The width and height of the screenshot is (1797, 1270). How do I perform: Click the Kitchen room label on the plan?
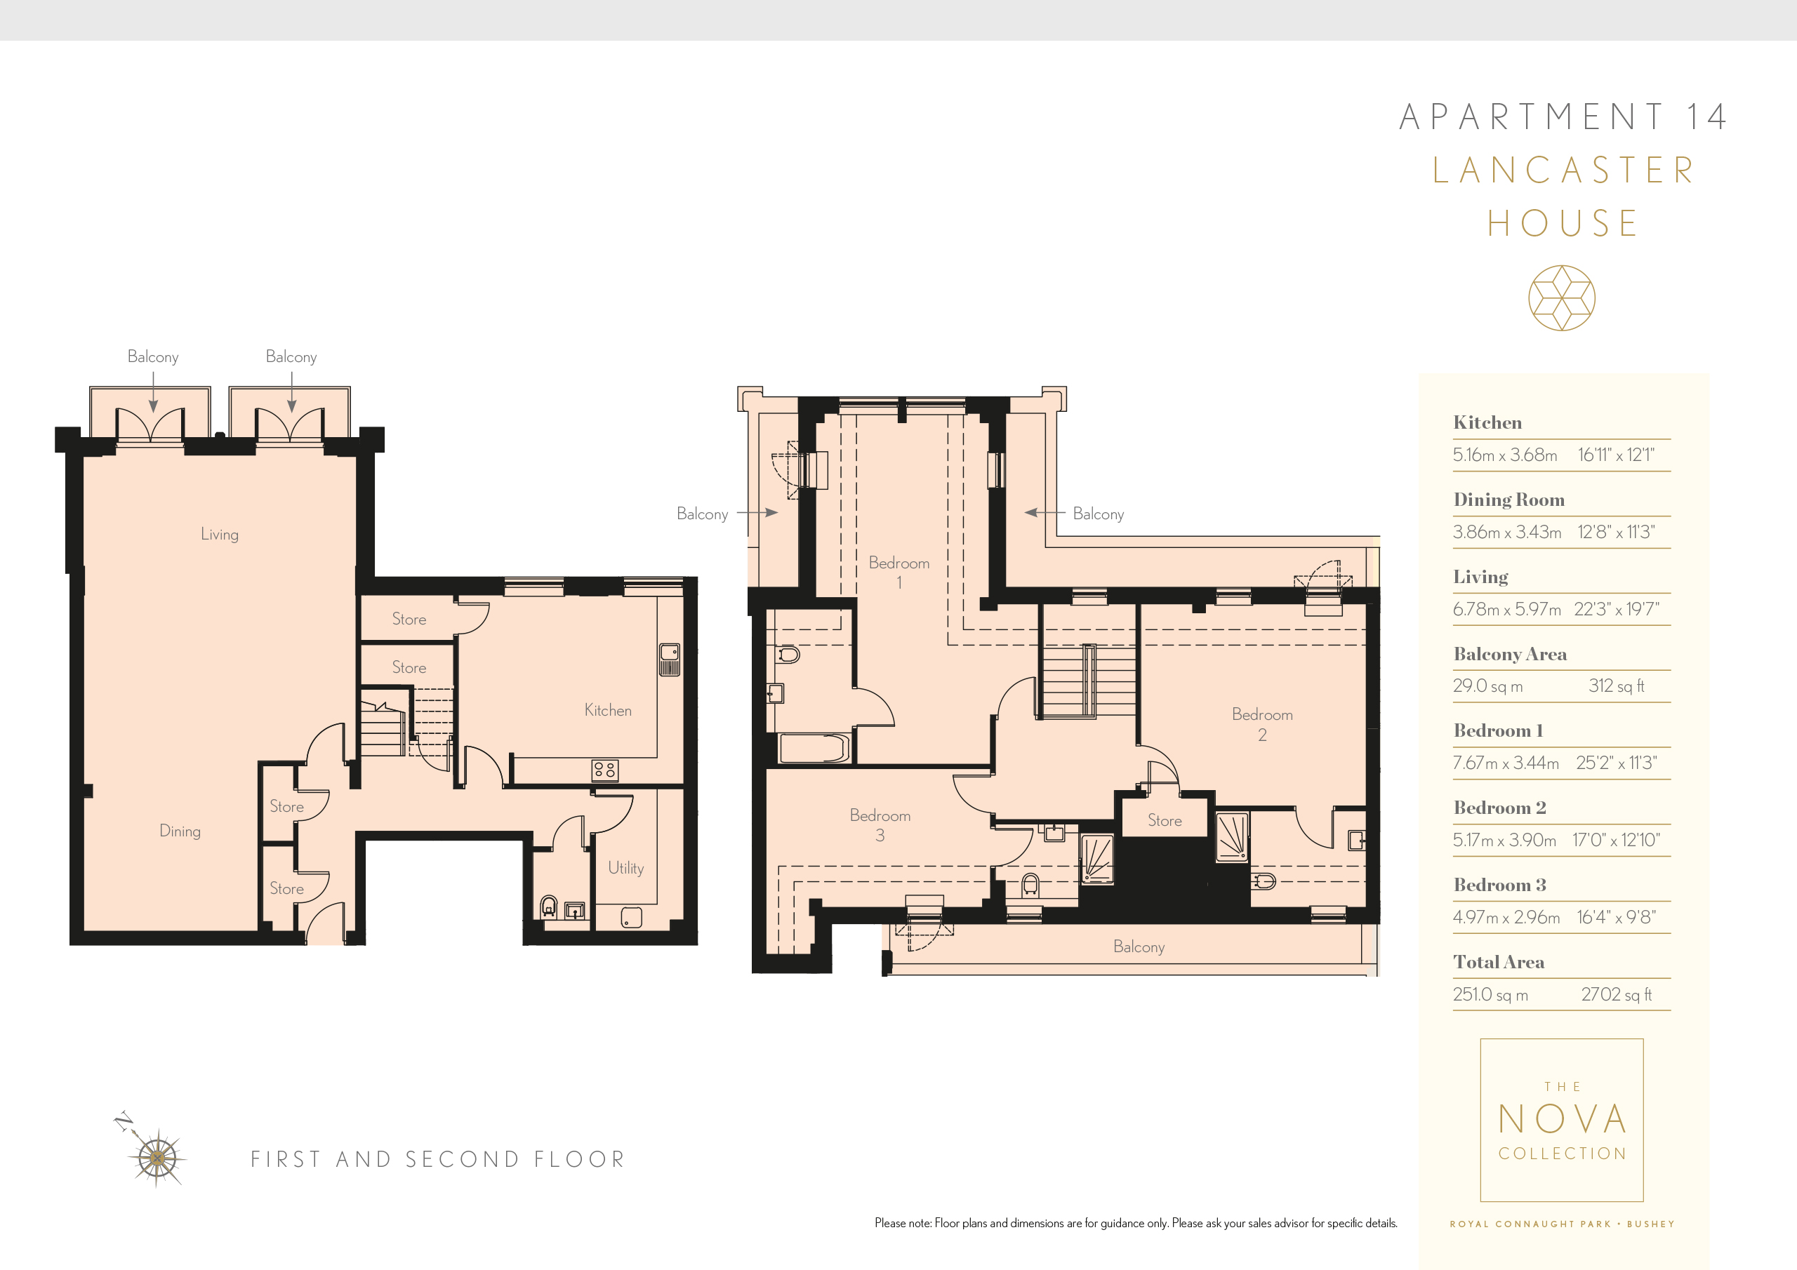click(607, 710)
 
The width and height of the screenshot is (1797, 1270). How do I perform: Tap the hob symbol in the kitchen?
click(604, 770)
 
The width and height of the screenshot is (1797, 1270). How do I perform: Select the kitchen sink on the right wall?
click(669, 659)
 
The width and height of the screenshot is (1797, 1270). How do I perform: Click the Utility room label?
click(625, 868)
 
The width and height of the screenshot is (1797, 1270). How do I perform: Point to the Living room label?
click(219, 535)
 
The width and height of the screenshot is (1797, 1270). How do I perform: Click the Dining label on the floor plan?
click(180, 831)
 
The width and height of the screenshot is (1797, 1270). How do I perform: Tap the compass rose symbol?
click(157, 1157)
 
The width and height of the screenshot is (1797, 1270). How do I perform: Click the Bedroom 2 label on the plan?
click(1261, 724)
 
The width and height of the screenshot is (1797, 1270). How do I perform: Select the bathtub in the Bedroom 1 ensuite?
click(814, 748)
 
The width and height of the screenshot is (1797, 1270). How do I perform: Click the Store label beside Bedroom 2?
click(1165, 820)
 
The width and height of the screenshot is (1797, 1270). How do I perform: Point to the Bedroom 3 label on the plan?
click(880, 824)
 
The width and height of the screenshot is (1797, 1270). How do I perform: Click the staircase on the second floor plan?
click(1088, 681)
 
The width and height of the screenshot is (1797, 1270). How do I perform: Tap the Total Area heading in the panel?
click(1498, 962)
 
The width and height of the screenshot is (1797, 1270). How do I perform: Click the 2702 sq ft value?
click(1615, 994)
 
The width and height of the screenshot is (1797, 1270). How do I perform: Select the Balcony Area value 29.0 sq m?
click(1487, 686)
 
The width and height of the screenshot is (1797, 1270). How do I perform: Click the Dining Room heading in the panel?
click(1508, 500)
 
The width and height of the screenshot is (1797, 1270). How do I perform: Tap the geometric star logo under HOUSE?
click(1561, 298)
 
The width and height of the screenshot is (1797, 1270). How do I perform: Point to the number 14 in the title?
click(1706, 117)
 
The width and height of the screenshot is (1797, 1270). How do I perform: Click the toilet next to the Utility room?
click(550, 906)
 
